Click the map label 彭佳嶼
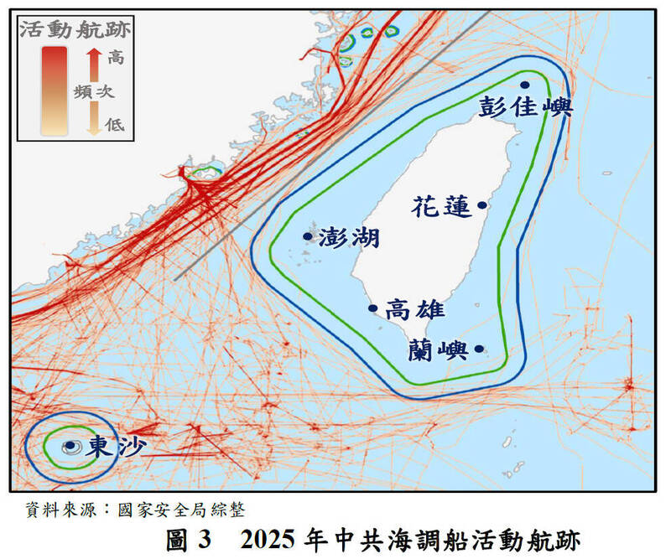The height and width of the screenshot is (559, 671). click(525, 107)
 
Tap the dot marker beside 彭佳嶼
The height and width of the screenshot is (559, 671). click(525, 85)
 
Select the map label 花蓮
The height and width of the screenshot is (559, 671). click(442, 207)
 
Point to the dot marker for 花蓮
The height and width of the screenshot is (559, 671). click(481, 204)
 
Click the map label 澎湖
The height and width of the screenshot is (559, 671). click(349, 238)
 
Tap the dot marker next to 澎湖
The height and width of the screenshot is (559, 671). click(307, 236)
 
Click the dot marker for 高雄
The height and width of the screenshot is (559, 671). click(373, 308)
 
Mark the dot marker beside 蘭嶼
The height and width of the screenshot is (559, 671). click(479, 349)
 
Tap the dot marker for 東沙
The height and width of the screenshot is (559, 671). click(69, 447)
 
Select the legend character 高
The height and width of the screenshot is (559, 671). click(116, 58)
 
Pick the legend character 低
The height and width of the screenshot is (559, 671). click(115, 124)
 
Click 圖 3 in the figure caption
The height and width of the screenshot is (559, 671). click(187, 539)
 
